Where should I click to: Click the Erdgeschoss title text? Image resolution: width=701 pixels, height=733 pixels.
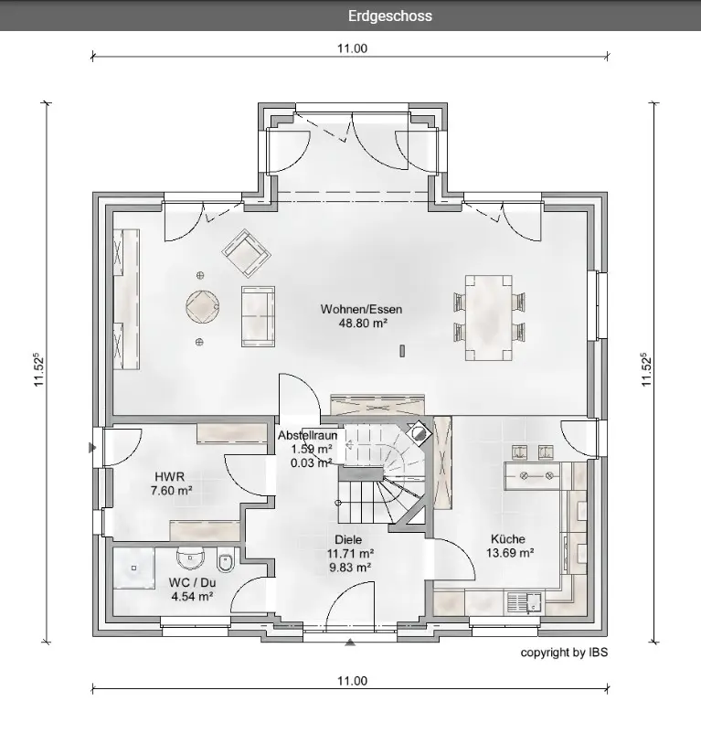tap(389, 16)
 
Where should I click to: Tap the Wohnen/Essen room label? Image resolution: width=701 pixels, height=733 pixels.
tap(361, 309)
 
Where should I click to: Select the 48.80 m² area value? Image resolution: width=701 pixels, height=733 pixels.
tap(363, 323)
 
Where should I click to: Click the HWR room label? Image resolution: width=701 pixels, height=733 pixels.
tap(170, 477)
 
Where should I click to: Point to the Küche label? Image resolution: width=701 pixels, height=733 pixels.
tap(508, 538)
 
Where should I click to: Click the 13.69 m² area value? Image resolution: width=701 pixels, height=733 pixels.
tap(510, 553)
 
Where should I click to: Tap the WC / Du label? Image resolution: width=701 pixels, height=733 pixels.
tap(192, 582)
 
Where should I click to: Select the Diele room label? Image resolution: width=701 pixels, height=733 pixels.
tap(348, 539)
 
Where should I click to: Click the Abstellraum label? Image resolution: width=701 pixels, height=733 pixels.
tap(307, 435)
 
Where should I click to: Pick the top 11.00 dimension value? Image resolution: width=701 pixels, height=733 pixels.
tap(353, 48)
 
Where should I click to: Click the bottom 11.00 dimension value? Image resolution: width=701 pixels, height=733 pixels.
tap(353, 681)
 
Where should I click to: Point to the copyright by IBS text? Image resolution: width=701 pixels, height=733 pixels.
tap(564, 653)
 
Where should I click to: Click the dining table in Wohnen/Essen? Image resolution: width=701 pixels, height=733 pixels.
tap(489, 318)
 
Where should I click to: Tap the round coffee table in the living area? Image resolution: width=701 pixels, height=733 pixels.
tap(202, 307)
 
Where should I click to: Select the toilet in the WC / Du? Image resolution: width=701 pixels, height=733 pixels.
tap(225, 564)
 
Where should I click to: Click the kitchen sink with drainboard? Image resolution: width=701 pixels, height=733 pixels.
tap(524, 602)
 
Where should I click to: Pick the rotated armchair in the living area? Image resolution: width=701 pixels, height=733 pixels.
tap(246, 252)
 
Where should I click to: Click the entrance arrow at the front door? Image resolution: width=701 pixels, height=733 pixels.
tap(350, 643)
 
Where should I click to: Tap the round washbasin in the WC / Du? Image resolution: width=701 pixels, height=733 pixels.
tap(191, 558)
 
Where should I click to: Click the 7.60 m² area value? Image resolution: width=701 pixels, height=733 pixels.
tap(172, 491)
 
